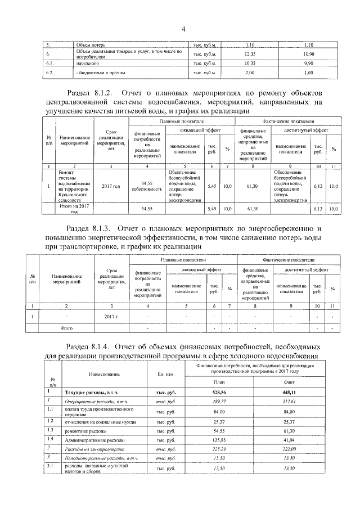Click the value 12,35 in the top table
pos(250,54)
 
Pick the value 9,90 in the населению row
pos(308,64)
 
